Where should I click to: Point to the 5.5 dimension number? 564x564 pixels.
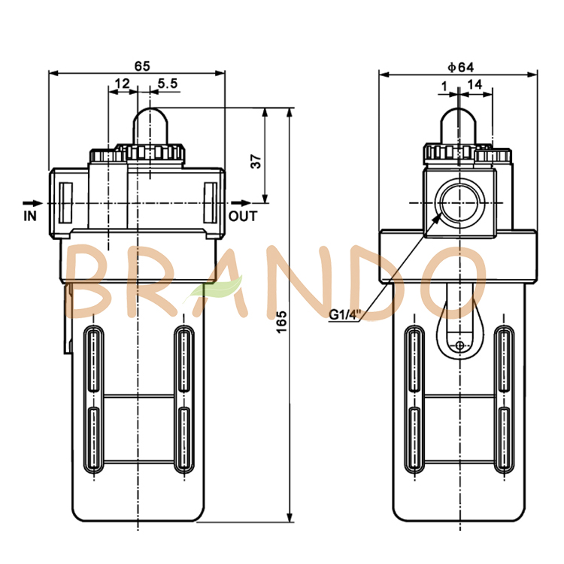tap(168, 84)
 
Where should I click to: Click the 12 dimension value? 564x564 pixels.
tap(122, 84)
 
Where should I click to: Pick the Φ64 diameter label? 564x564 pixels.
tap(459, 66)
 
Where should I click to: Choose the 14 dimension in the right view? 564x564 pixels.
tap(475, 85)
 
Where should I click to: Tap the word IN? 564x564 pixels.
tap(30, 216)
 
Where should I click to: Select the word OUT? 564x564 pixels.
tap(243, 216)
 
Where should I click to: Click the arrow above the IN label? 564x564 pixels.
tap(31, 202)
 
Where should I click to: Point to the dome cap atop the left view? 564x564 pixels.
tap(150, 123)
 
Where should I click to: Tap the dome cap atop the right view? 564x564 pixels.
tap(458, 123)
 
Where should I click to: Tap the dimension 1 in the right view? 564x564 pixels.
tap(445, 85)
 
